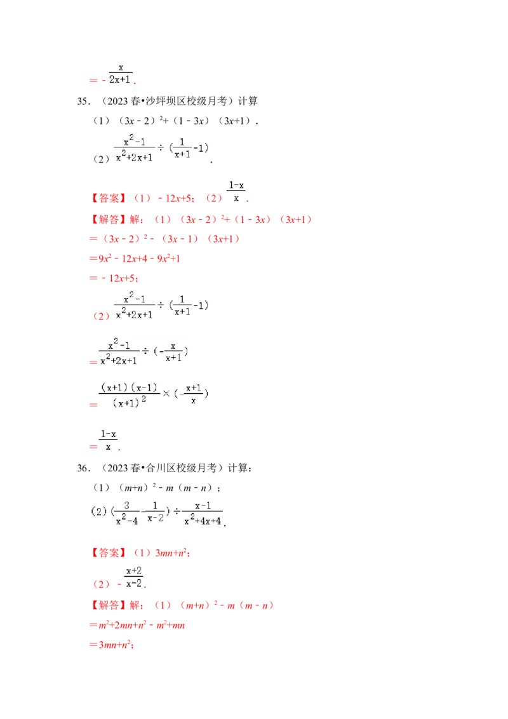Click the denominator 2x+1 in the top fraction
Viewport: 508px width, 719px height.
121,79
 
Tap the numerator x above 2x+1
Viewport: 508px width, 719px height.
121,67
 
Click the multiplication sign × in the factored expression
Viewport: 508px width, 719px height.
167,394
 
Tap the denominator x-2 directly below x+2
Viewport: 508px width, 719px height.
133,583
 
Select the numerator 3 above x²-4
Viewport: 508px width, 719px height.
127,506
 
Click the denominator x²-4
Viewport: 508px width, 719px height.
127,521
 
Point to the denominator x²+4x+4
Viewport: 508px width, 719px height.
203,521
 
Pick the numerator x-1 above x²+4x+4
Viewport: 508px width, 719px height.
203,506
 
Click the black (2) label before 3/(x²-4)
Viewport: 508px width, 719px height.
98,511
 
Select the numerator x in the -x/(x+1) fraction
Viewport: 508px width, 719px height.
172,346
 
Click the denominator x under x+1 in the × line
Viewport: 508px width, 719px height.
193,401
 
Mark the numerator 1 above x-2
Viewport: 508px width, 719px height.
154,506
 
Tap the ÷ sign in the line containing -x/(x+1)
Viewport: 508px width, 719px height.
145,352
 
